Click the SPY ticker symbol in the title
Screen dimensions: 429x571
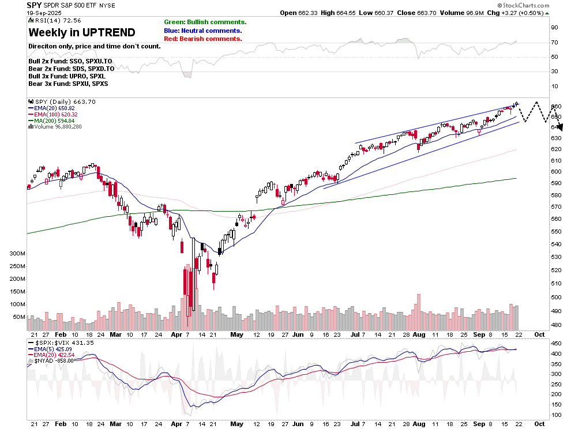click(x=35, y=5)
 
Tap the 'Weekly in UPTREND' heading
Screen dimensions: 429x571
click(x=82, y=32)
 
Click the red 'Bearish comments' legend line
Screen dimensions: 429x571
click(x=202, y=39)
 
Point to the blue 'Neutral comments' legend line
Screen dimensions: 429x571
click(x=202, y=31)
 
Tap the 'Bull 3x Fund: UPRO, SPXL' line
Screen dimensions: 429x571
click(x=67, y=76)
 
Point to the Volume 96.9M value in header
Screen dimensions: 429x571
click(x=459, y=13)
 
